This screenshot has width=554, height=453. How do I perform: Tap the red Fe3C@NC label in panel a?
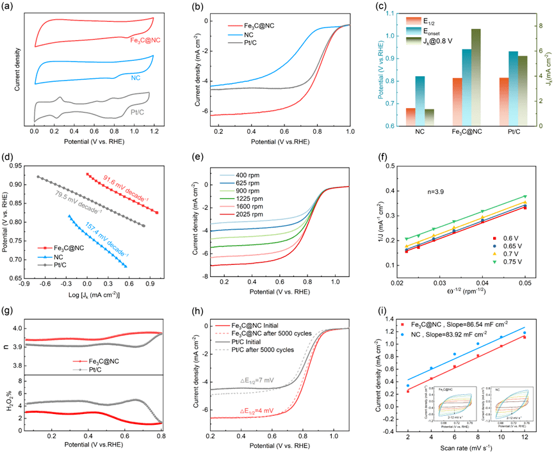(145, 40)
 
